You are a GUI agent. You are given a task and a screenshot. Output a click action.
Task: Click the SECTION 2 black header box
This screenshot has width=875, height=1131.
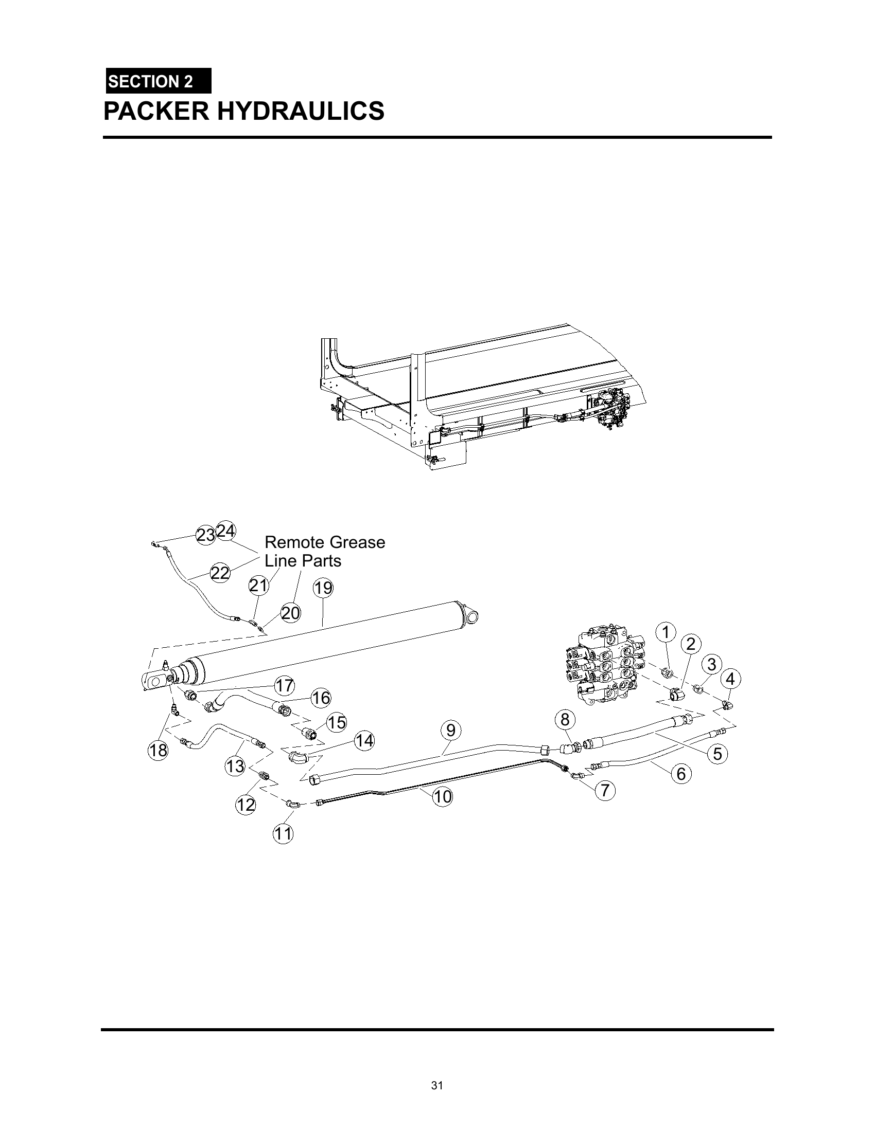[x=158, y=81]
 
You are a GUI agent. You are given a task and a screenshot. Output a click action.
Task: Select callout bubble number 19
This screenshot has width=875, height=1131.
[x=323, y=588]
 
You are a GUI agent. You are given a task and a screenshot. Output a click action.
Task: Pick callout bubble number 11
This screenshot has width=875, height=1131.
[x=283, y=834]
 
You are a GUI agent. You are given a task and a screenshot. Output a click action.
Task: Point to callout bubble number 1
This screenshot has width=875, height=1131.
[x=666, y=632]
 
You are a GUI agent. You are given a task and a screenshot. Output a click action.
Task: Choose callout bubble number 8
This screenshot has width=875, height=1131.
[x=565, y=719]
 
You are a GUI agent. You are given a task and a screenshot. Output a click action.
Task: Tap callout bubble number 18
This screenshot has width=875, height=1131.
[x=158, y=750]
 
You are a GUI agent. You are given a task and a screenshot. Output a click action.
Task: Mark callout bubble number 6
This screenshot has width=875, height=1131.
[x=681, y=774]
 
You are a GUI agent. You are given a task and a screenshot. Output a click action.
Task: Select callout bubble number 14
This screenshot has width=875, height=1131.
[x=364, y=741]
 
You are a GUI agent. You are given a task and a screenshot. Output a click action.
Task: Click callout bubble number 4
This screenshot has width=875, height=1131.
[x=730, y=679]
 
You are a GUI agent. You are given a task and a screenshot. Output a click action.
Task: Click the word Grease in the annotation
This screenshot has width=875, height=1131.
[x=357, y=543]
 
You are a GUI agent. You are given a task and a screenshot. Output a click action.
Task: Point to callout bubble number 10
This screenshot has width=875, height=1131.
[x=443, y=796]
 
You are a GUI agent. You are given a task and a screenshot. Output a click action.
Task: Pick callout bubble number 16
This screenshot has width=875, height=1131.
[x=321, y=698]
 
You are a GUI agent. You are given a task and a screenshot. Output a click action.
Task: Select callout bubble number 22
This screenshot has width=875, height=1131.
[x=220, y=573]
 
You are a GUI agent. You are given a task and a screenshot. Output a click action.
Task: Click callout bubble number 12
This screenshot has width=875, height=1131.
[x=246, y=805]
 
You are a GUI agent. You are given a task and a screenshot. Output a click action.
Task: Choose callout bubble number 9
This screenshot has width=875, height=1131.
[x=451, y=730]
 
